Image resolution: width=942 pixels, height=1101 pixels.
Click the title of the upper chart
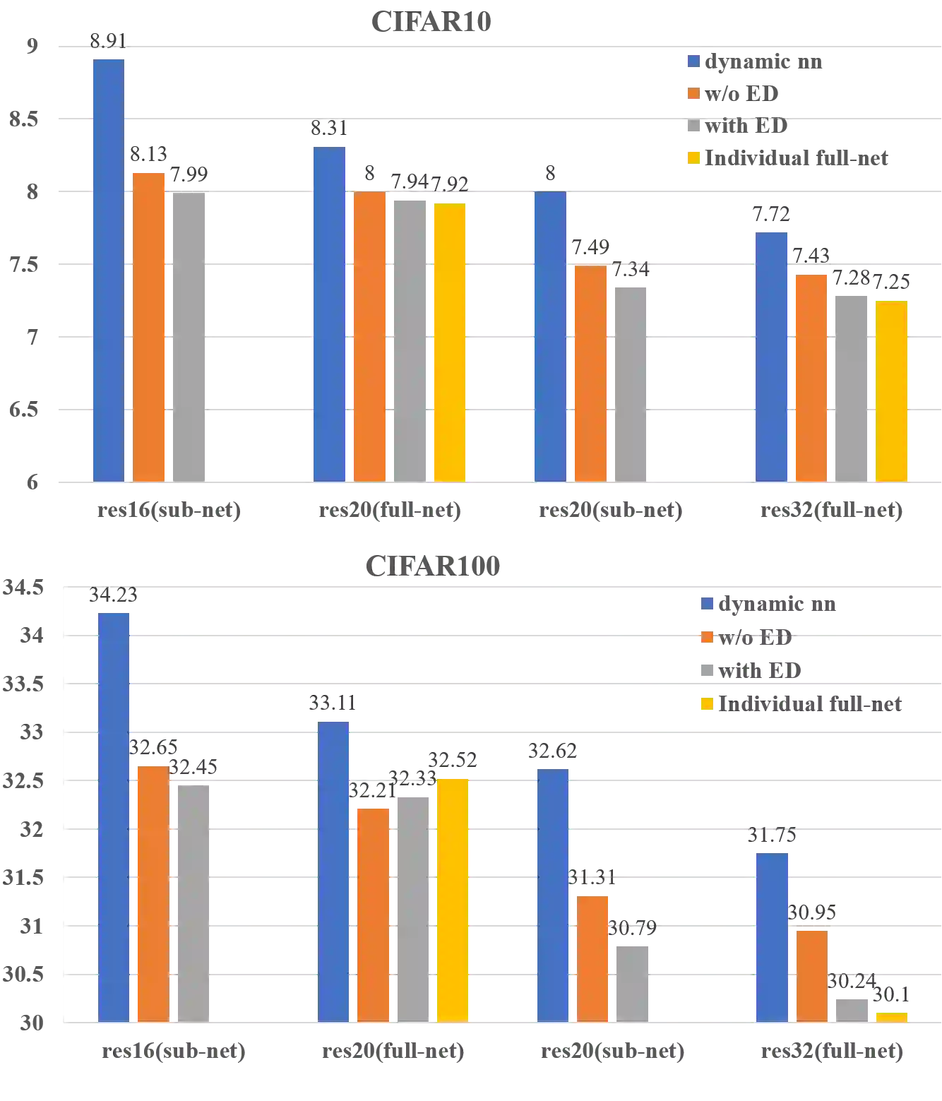click(429, 23)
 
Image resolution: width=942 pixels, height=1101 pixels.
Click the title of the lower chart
click(431, 565)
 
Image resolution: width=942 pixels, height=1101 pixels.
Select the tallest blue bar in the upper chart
click(108, 268)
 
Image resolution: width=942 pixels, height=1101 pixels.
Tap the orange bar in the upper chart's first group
click(148, 325)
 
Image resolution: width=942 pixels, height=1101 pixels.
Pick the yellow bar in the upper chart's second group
click(451, 342)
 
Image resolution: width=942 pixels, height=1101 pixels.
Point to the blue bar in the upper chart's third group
click(550, 335)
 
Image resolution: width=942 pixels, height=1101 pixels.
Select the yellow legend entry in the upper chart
click(787, 158)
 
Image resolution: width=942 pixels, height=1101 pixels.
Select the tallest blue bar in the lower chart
click(113, 816)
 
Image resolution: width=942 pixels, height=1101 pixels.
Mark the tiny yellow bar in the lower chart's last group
click(892, 1016)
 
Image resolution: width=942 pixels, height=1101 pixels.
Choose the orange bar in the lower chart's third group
click(592, 957)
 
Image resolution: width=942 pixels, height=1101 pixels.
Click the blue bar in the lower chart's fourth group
click(773, 936)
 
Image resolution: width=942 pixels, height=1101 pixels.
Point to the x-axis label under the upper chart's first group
click(169, 510)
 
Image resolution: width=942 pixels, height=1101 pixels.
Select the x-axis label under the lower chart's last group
click(830, 1054)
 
